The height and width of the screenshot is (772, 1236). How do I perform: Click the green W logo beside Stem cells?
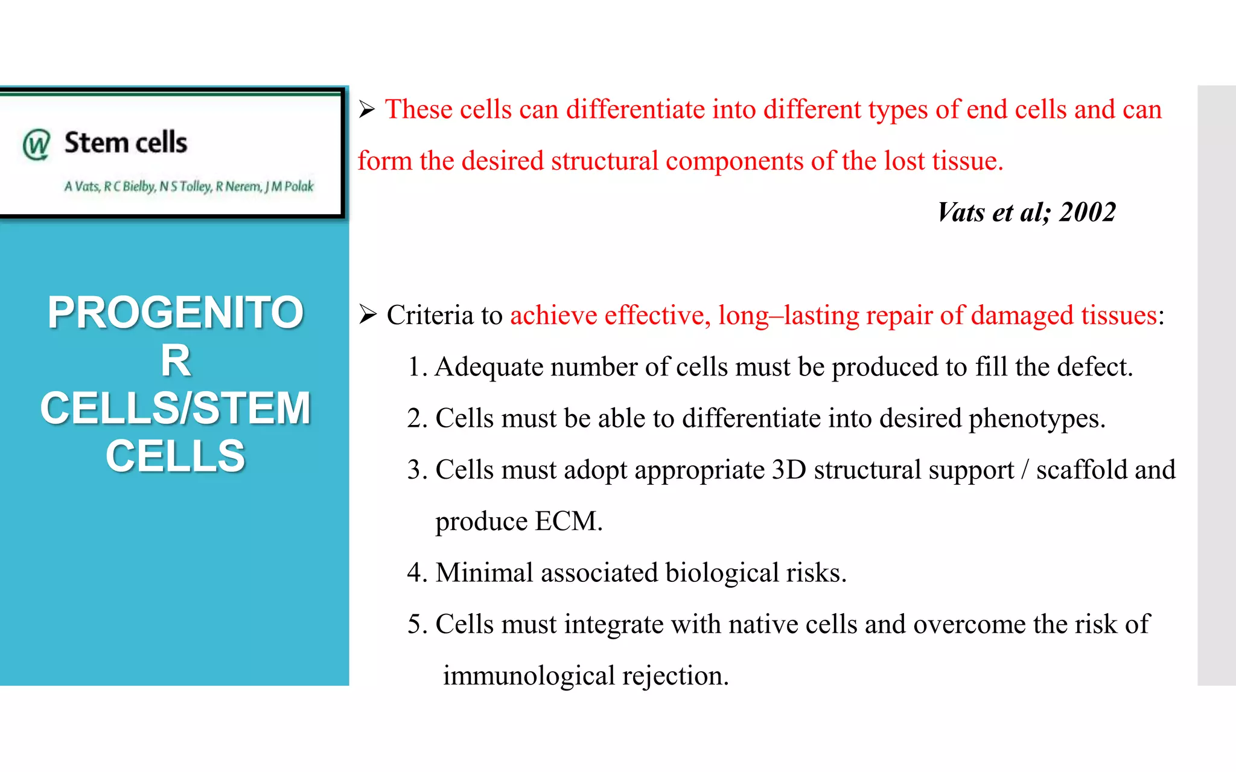tap(36, 144)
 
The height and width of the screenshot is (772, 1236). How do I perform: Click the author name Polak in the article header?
tap(299, 187)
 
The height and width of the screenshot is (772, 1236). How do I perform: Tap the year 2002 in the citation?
tap(1088, 212)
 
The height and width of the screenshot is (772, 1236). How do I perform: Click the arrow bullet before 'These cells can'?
tap(367, 110)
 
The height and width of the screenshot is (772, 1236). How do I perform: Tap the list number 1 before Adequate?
tap(414, 367)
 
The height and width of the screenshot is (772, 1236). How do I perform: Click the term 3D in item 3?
tap(789, 470)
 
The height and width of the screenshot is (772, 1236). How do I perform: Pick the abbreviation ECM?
tap(567, 522)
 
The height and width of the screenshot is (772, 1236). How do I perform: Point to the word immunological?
tap(529, 676)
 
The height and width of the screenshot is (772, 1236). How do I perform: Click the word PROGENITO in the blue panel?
tap(175, 313)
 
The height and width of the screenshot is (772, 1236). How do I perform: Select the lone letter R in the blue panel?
tap(176, 361)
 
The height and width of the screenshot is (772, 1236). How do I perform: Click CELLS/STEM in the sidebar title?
tap(175, 408)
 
